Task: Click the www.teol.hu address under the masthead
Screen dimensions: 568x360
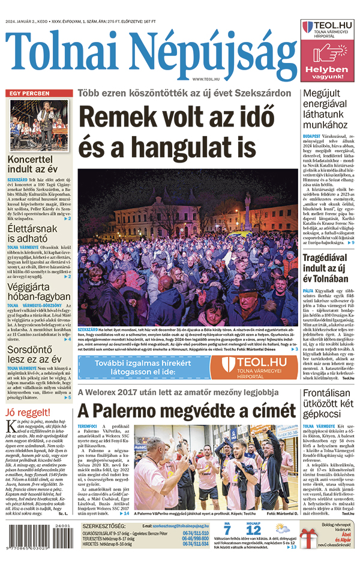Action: point(206,79)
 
